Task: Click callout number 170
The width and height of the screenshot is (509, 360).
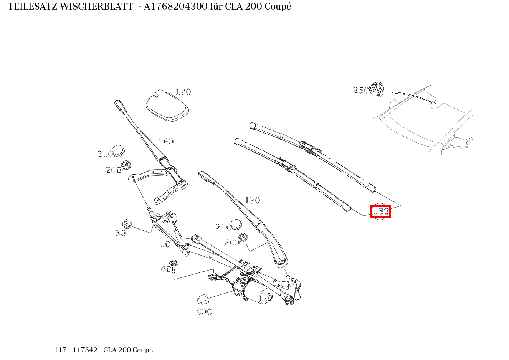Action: (183, 92)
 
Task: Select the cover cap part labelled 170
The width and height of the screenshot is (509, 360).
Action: (167, 106)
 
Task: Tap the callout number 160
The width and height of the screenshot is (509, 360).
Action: (166, 142)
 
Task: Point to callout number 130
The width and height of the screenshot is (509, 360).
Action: (252, 200)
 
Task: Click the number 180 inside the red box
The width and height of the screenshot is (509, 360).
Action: (380, 211)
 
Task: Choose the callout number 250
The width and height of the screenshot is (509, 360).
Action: (361, 90)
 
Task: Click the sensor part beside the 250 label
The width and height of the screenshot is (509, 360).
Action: (377, 89)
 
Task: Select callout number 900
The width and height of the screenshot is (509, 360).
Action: (204, 312)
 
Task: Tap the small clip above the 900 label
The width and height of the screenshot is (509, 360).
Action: (202, 299)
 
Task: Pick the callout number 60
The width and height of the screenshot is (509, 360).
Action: (165, 269)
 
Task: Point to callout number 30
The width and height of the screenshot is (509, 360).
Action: (121, 233)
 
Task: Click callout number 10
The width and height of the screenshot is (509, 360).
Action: (165, 244)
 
